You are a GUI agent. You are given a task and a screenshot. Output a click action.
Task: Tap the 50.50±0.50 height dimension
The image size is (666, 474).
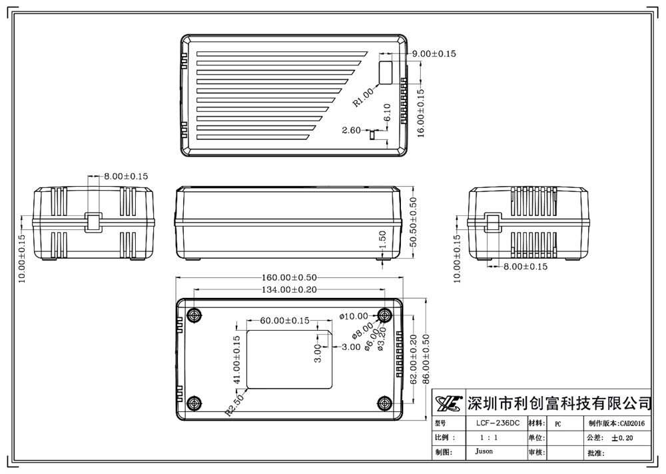click(413, 223)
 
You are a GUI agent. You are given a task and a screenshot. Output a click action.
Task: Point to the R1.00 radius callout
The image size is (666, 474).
click(364, 97)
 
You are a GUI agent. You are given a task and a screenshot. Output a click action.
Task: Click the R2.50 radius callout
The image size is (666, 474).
click(235, 404)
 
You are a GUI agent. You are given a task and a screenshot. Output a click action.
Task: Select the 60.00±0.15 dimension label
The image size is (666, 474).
click(284, 321)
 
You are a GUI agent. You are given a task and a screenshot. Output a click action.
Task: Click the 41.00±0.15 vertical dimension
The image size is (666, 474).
click(236, 359)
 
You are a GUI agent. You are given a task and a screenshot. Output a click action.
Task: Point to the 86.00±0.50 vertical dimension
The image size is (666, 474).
click(426, 357)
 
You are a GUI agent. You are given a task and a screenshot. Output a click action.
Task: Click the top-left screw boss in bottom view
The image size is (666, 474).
click(194, 315)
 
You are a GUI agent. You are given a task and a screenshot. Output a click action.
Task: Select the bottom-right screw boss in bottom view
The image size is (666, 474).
click(384, 403)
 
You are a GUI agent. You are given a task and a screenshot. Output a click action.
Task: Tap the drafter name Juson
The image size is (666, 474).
click(484, 451)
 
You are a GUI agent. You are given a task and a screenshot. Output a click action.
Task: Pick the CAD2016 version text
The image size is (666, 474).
click(633, 423)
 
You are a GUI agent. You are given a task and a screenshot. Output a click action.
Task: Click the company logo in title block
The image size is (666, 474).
click(449, 403)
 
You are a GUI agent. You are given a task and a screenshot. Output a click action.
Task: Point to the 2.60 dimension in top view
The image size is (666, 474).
click(351, 130)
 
